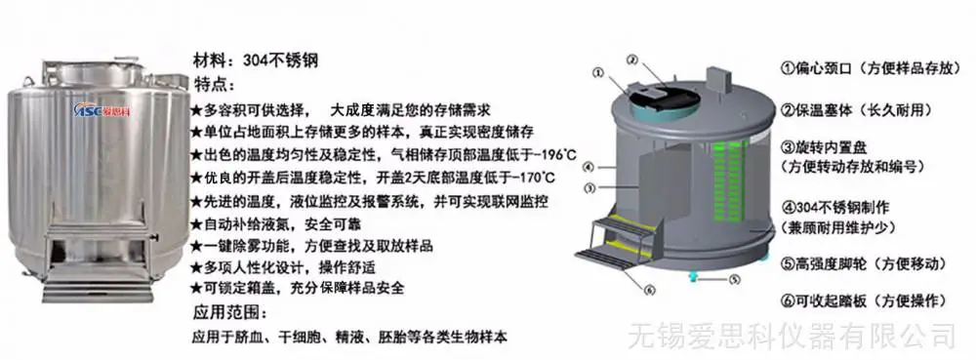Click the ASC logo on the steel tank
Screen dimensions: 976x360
coord(100,108)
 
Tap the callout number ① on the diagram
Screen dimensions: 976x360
coord(599,73)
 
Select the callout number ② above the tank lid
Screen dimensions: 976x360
coord(632,60)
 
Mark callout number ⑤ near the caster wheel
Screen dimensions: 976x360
coord(735,279)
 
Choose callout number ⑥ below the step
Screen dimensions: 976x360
coord(650,290)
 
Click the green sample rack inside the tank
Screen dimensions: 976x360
coord(727,180)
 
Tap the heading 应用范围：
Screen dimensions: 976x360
coord(230,311)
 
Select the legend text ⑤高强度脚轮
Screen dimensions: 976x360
coord(829,263)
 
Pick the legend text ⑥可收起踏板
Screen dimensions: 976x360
coord(829,301)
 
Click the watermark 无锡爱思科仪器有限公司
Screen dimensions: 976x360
coord(792,336)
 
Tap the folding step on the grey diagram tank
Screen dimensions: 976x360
coord(614,242)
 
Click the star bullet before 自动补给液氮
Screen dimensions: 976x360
coord(196,223)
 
